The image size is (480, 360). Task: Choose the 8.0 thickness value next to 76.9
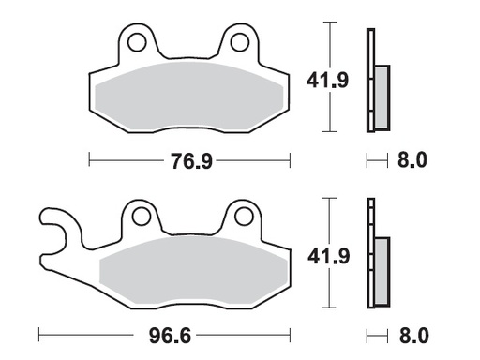(412, 161)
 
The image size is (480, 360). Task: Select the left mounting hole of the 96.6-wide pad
(141, 217)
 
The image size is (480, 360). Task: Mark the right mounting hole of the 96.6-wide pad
(245, 217)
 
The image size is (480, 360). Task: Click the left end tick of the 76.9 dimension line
(89, 161)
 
